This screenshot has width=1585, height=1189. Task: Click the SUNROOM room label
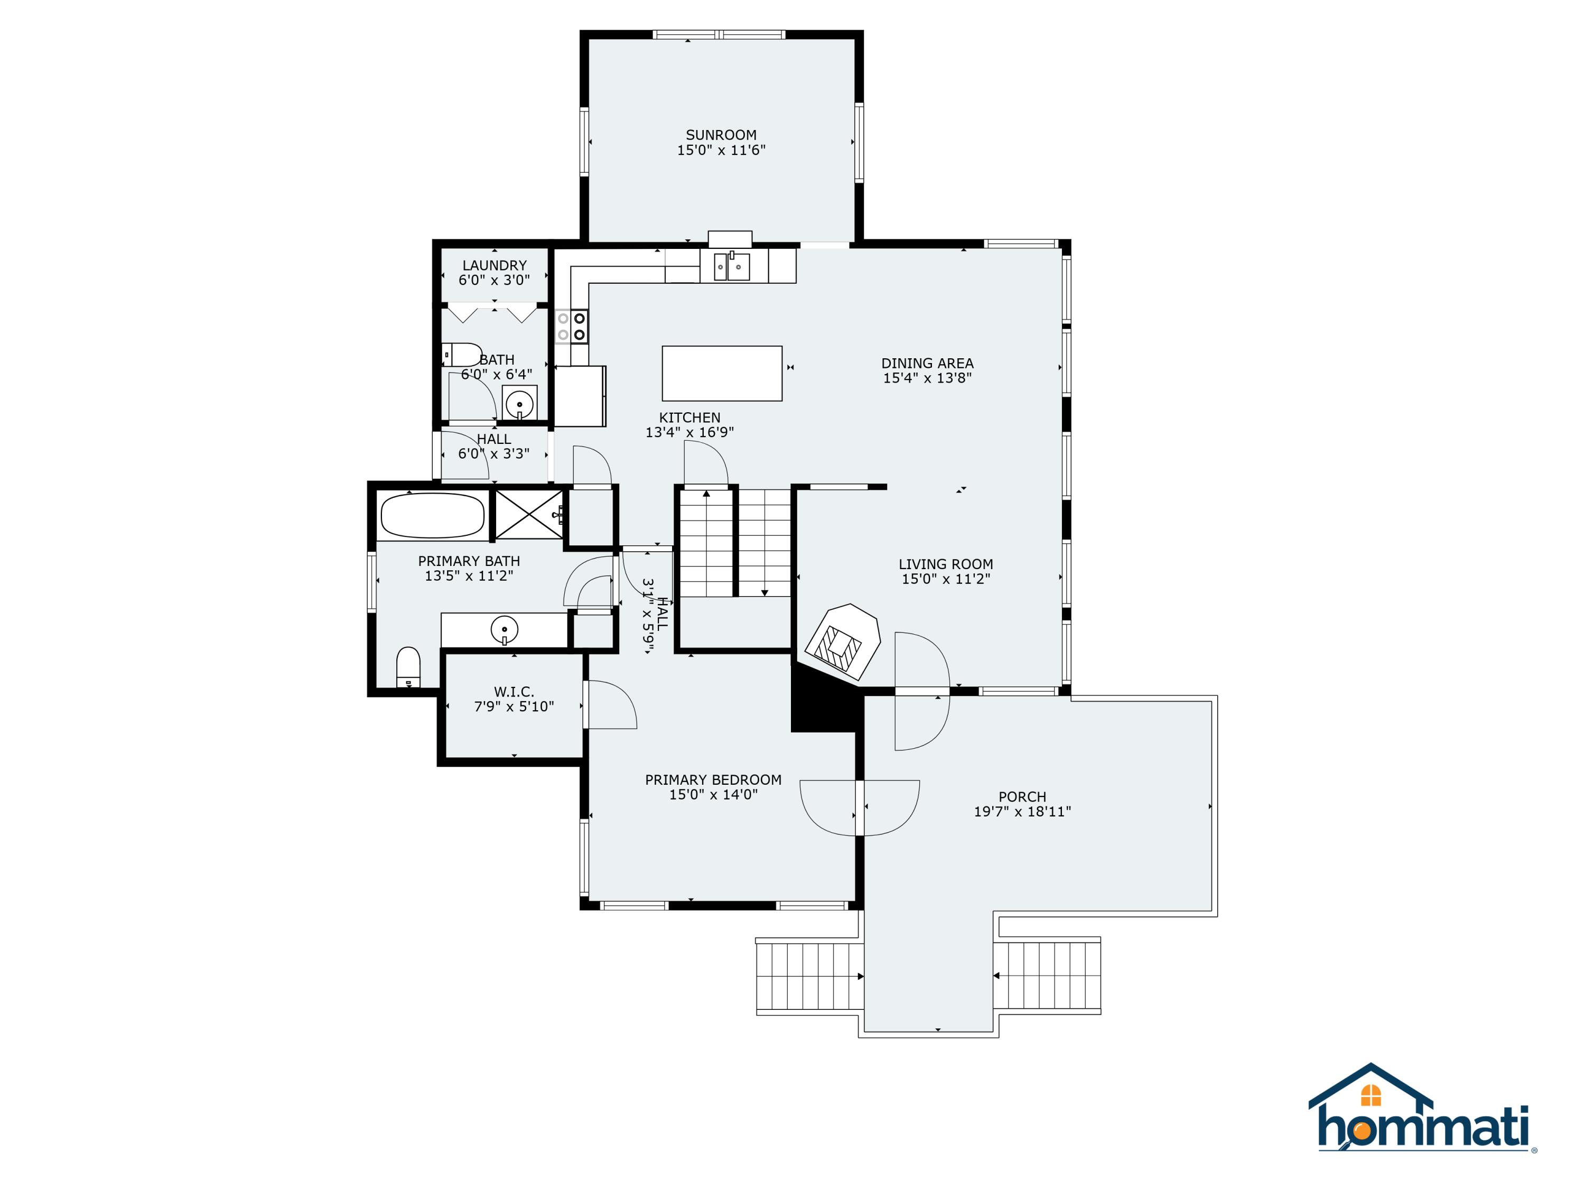(721, 135)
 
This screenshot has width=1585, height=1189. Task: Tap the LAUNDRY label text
(495, 265)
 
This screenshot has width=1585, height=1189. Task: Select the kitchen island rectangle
(722, 374)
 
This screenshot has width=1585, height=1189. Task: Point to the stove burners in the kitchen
(572, 326)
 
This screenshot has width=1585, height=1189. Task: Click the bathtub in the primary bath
(432, 515)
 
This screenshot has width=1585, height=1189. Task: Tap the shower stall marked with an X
(529, 514)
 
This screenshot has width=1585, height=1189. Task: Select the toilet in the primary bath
(408, 667)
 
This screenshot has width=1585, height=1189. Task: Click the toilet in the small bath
(461, 355)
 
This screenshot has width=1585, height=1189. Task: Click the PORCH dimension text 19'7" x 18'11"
(1022, 811)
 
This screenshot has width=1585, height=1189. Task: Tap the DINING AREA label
(927, 364)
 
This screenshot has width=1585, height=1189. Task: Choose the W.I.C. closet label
(514, 692)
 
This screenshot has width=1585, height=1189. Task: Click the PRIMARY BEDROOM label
(713, 780)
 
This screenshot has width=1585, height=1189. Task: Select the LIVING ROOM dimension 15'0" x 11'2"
(946, 579)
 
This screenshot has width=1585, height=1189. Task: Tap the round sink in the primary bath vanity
(505, 629)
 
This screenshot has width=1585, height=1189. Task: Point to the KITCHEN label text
(689, 417)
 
